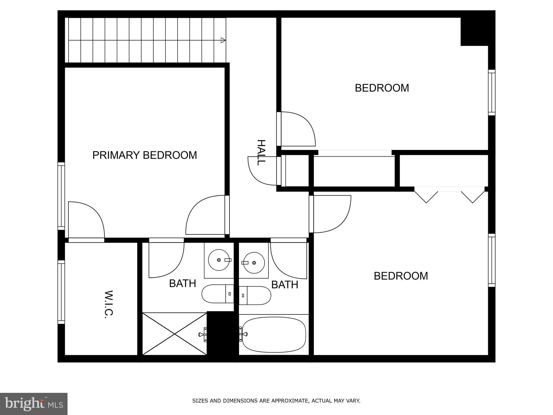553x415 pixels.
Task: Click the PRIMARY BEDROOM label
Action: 144,155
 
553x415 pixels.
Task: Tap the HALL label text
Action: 261,152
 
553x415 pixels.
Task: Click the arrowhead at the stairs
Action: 223,40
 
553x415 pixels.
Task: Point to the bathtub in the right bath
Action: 274,334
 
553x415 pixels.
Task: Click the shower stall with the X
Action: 174,334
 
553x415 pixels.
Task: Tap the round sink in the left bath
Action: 219,260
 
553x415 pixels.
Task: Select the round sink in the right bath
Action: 254,263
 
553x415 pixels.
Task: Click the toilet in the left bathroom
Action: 218,294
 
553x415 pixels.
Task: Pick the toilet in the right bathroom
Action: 255,295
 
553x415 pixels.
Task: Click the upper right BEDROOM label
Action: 382,88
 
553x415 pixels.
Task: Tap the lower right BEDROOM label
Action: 401,276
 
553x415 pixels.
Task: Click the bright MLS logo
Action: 33,404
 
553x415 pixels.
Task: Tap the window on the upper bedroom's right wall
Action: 492,92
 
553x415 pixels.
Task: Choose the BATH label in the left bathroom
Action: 183,283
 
